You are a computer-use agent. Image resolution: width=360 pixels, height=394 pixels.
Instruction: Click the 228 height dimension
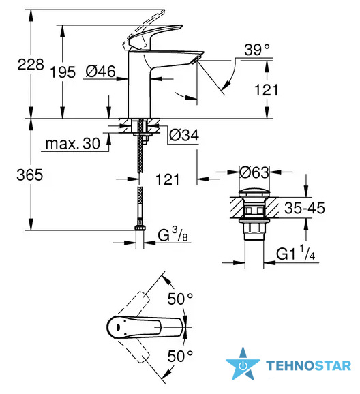tap(31, 64)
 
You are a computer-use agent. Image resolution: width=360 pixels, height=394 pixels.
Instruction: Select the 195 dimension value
tap(63, 72)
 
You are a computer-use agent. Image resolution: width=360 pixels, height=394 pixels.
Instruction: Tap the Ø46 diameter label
tap(100, 71)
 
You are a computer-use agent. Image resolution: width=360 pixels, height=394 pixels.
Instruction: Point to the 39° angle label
tap(257, 50)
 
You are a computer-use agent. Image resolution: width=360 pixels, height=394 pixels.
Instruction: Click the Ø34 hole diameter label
tap(184, 135)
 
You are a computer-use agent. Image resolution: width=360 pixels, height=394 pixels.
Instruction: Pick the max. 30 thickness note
tap(73, 144)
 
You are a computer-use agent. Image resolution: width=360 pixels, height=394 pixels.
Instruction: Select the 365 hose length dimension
tap(30, 175)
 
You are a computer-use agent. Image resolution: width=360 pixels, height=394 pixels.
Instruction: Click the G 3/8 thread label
tap(172, 234)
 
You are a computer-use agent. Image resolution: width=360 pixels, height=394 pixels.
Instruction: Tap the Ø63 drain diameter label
tap(254, 172)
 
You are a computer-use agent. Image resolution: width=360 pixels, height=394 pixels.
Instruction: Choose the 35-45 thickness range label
tap(305, 208)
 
